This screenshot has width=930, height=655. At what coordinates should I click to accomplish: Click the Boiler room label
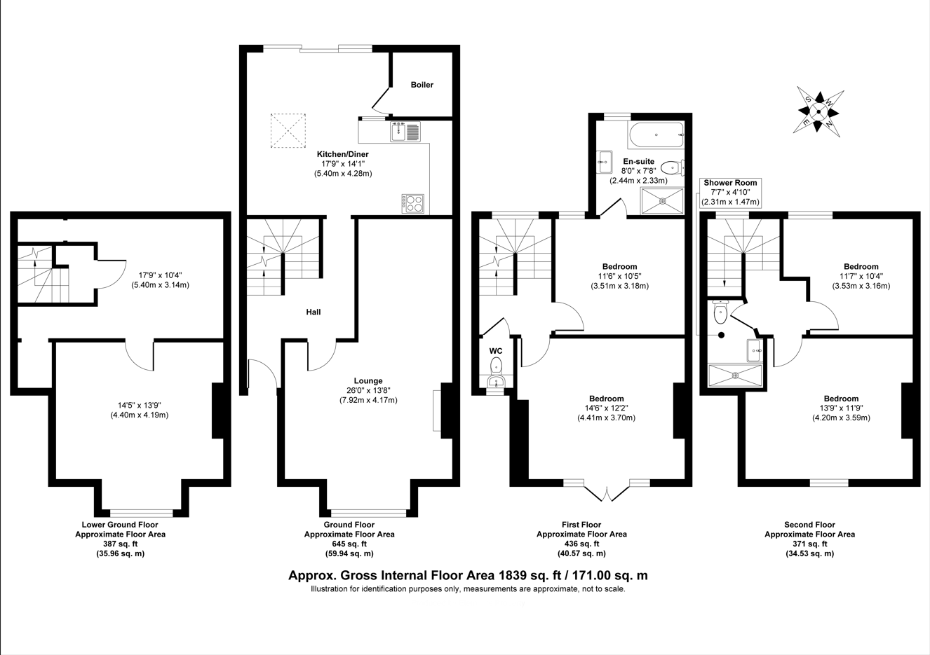pos(422,85)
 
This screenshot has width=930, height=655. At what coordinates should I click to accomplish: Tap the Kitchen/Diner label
pos(342,154)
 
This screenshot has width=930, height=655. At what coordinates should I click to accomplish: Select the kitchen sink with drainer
pos(405,132)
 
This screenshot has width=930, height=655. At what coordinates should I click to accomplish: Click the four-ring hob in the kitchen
pos(412,204)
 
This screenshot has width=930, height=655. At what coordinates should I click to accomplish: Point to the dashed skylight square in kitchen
pos(288,131)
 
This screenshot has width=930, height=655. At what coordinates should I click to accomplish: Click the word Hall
pos(314,312)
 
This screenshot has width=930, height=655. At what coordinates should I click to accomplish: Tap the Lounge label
pos(368,381)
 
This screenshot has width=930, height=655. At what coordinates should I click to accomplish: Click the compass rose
pos(818,111)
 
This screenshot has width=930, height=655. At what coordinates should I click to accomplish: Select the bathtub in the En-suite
pos(656,135)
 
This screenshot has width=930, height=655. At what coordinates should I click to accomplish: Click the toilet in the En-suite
pos(672,168)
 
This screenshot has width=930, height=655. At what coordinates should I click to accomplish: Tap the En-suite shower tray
pos(662,201)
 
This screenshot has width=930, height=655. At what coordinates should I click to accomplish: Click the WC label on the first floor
pos(496,351)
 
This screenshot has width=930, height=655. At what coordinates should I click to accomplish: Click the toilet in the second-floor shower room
pos(720,312)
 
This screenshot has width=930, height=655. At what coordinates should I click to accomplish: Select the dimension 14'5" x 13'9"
pos(140,405)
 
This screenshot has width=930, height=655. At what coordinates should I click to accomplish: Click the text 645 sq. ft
pos(349,544)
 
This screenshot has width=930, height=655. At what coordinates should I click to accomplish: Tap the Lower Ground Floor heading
pos(120,524)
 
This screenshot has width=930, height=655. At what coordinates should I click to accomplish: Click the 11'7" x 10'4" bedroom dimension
pos(861,276)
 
